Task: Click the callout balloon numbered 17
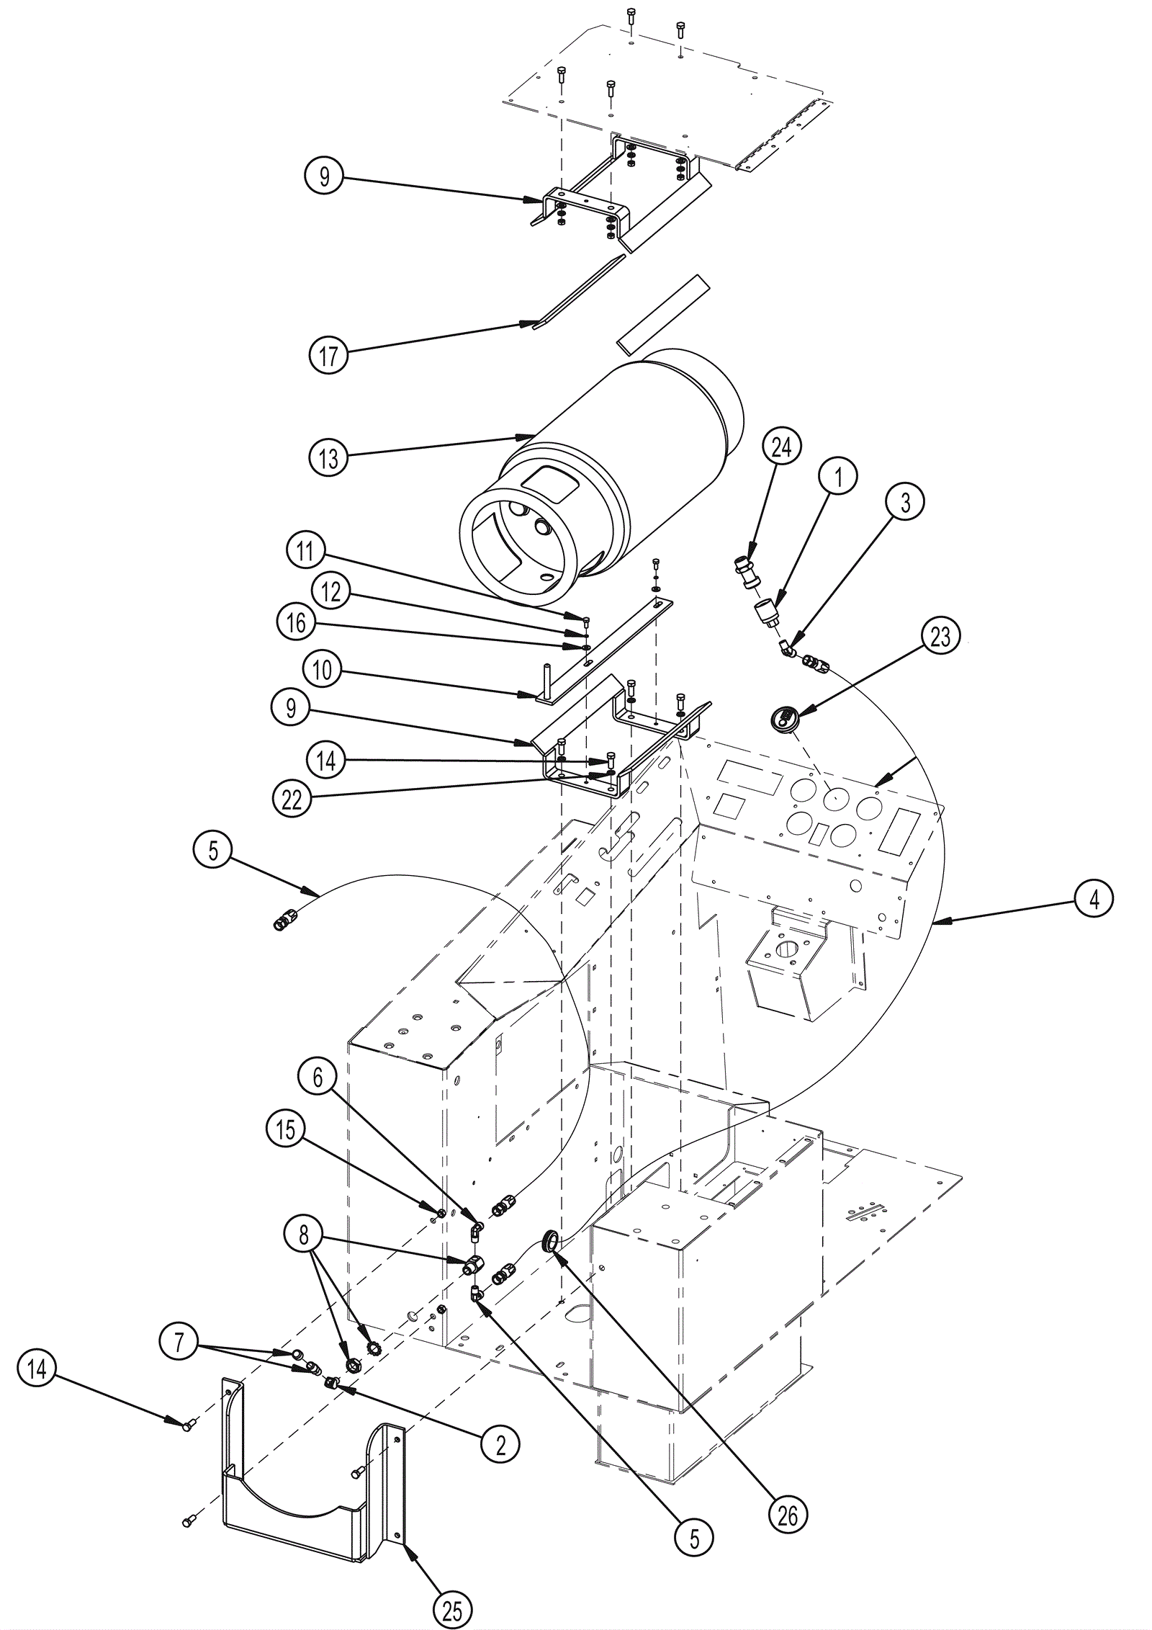click(x=328, y=354)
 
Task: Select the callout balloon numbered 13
click(x=328, y=457)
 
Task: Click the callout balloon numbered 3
click(x=906, y=502)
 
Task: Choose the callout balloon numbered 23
click(x=941, y=637)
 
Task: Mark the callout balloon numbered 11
click(x=305, y=551)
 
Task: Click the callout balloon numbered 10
click(x=323, y=670)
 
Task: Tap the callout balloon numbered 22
click(x=292, y=800)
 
